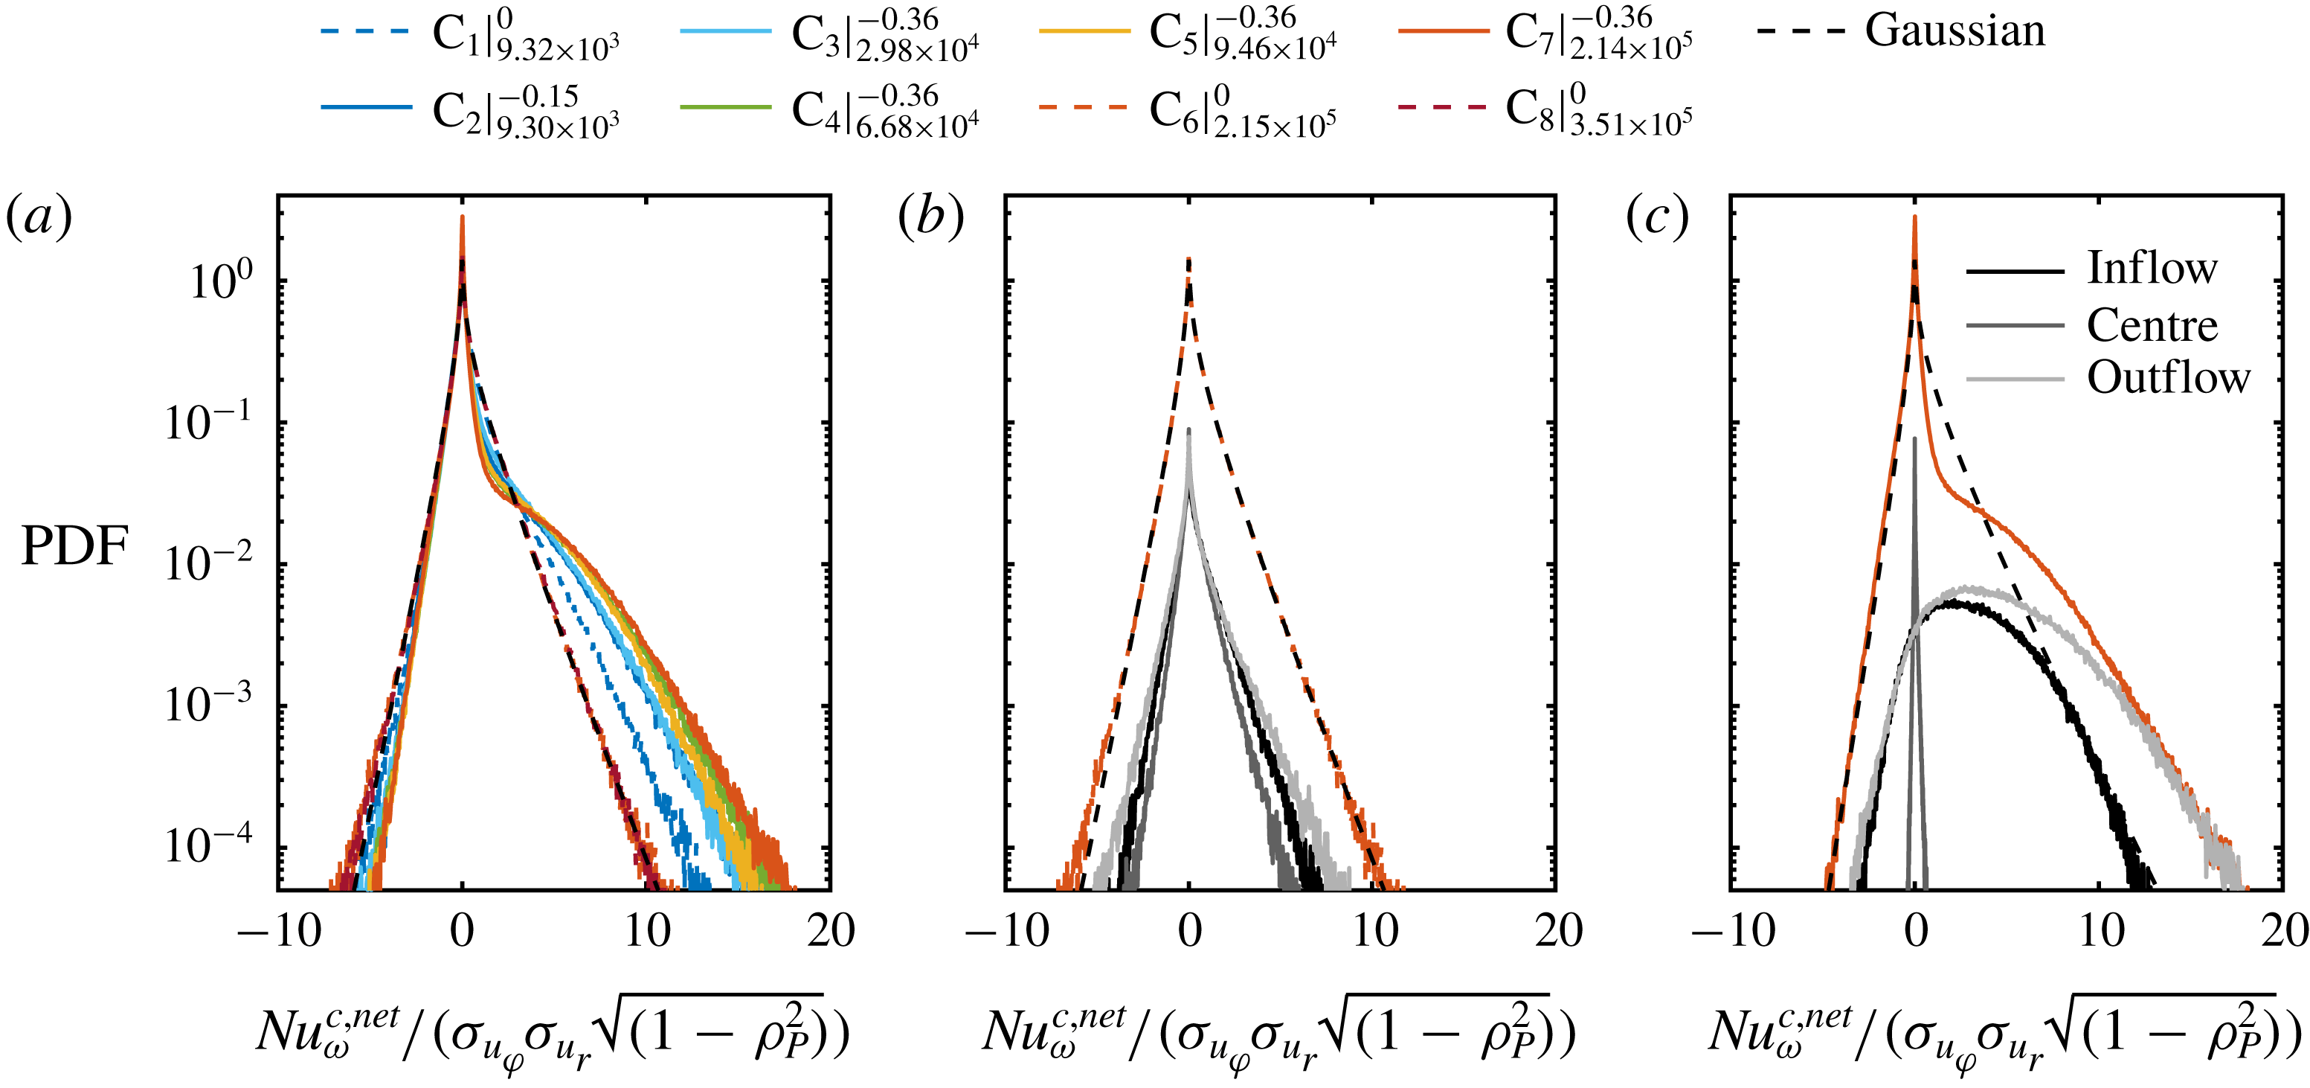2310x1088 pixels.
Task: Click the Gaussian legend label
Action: (1955, 31)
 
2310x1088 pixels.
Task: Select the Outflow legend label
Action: (2168, 377)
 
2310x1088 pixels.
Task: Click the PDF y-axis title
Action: (74, 545)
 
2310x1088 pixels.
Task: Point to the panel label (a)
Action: (39, 217)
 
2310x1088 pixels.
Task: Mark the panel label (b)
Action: (931, 217)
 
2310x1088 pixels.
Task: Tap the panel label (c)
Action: (1657, 217)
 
